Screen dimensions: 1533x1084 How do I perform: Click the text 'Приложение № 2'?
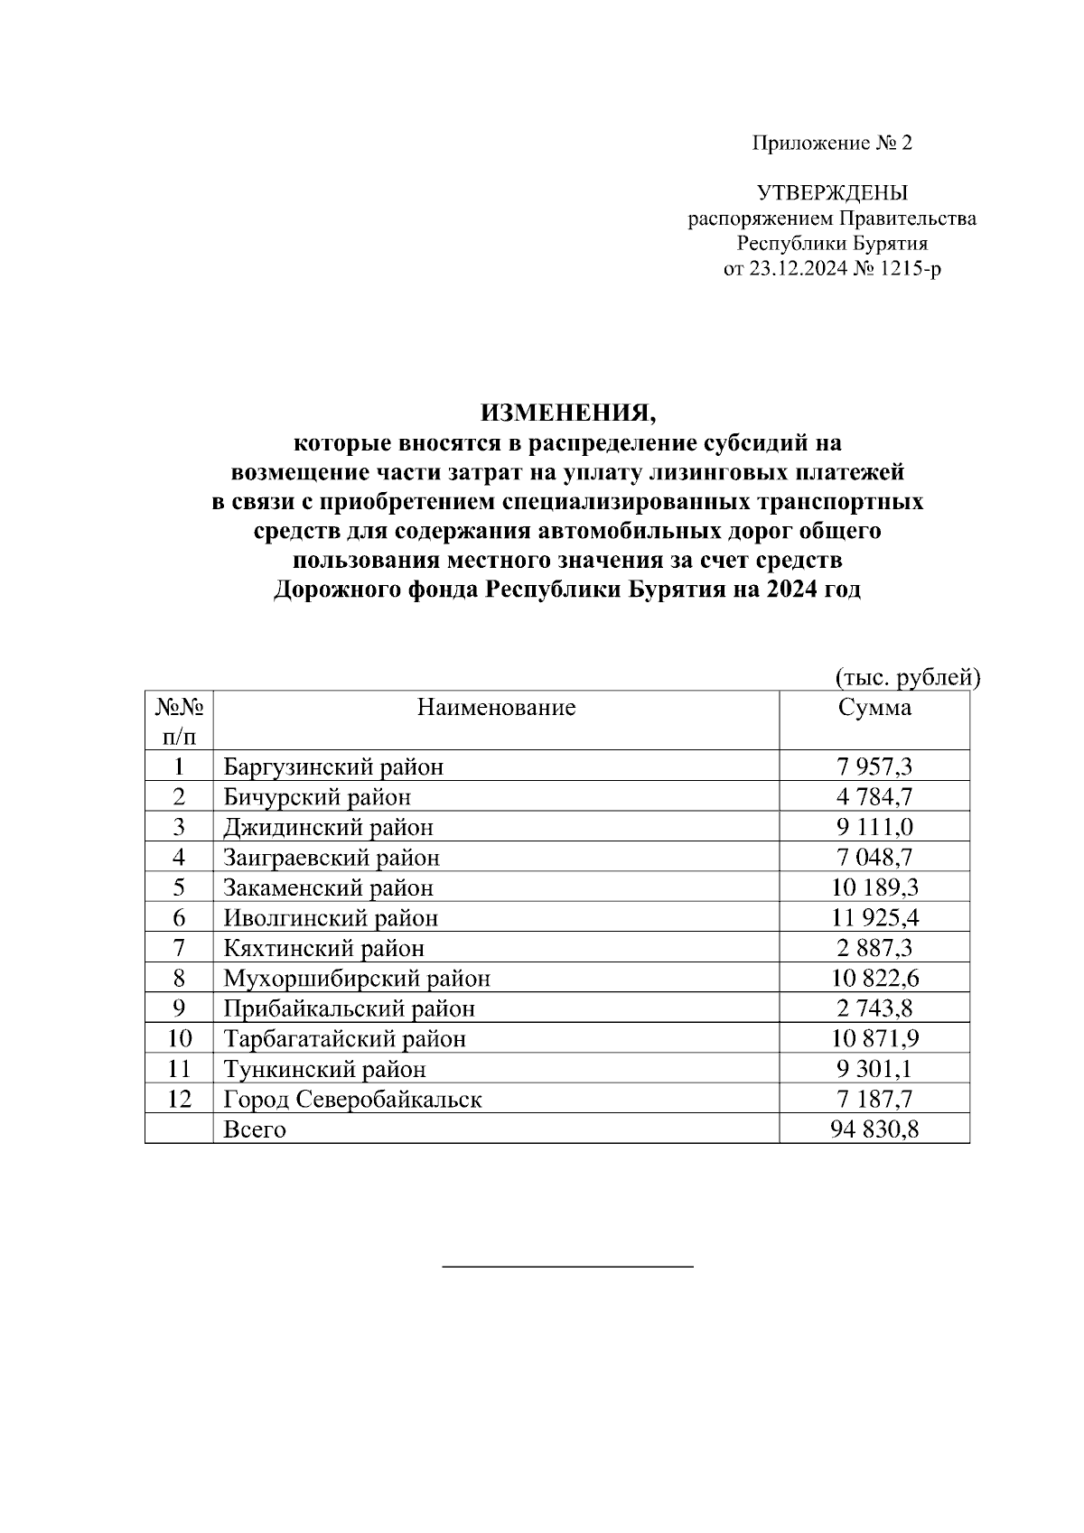click(x=832, y=143)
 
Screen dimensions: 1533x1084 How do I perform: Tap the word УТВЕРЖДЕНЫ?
click(x=832, y=192)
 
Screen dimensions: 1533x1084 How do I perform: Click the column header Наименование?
click(x=496, y=707)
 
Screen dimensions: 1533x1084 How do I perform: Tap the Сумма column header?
click(x=874, y=707)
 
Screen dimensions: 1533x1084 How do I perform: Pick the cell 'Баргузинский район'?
click(x=333, y=767)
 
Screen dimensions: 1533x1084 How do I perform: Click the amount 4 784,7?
click(x=874, y=797)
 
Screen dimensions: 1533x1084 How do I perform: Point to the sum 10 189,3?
click(x=874, y=887)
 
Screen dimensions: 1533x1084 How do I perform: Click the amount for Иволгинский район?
click(x=874, y=918)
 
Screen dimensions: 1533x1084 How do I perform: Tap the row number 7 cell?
click(x=179, y=948)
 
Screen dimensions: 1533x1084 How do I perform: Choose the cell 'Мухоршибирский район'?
click(x=357, y=979)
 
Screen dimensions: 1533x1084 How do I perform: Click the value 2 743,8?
click(x=874, y=1008)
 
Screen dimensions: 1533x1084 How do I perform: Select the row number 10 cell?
click(x=179, y=1039)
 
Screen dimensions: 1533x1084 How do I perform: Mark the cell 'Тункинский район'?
click(x=324, y=1070)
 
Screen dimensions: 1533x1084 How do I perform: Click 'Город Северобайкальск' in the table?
click(x=352, y=1100)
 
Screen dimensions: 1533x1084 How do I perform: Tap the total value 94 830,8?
click(x=874, y=1129)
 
